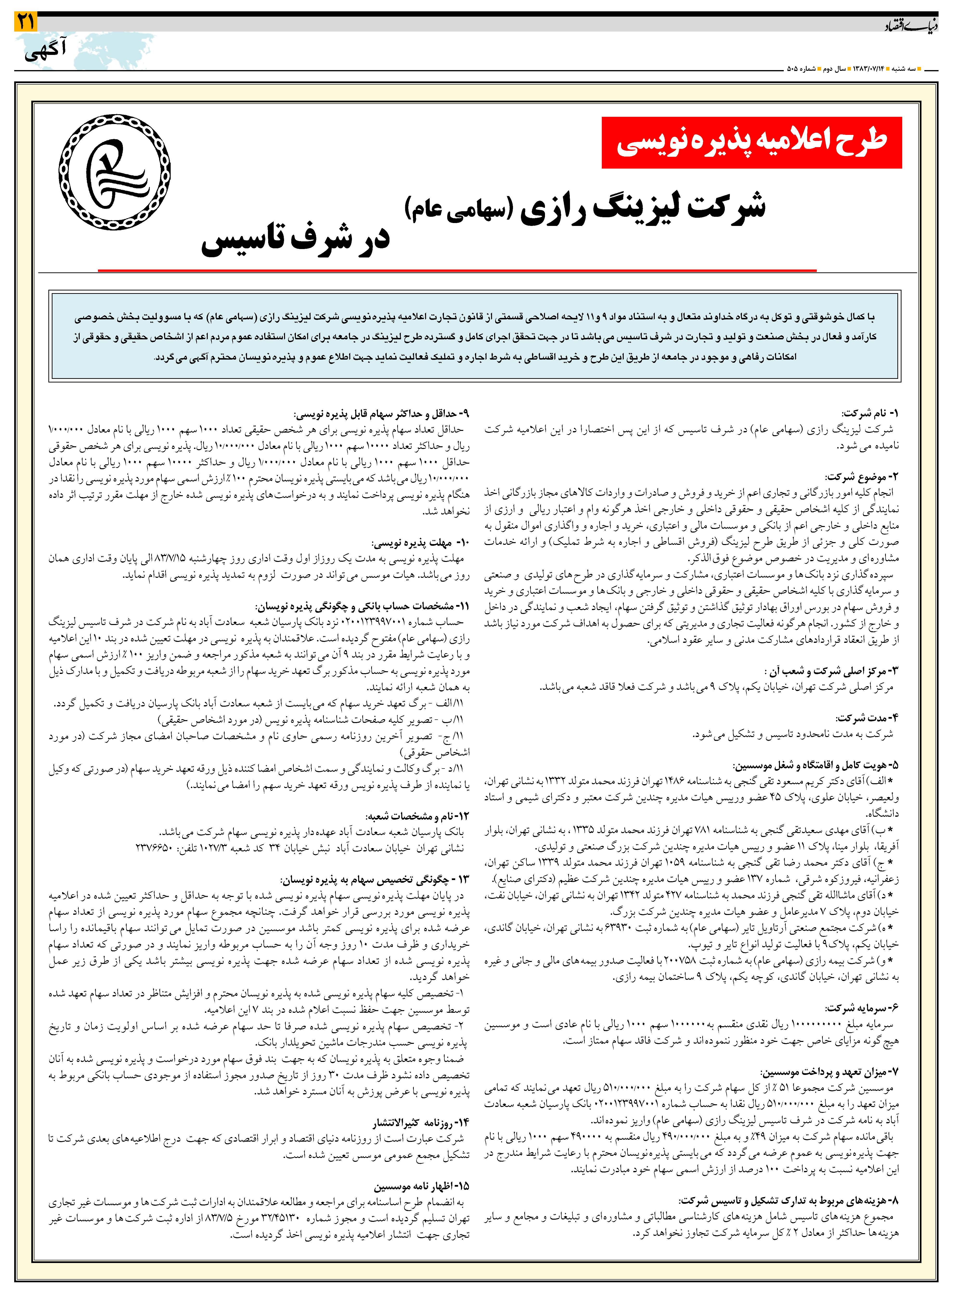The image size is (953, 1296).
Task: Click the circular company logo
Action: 115,172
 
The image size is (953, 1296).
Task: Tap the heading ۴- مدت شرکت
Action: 867,718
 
